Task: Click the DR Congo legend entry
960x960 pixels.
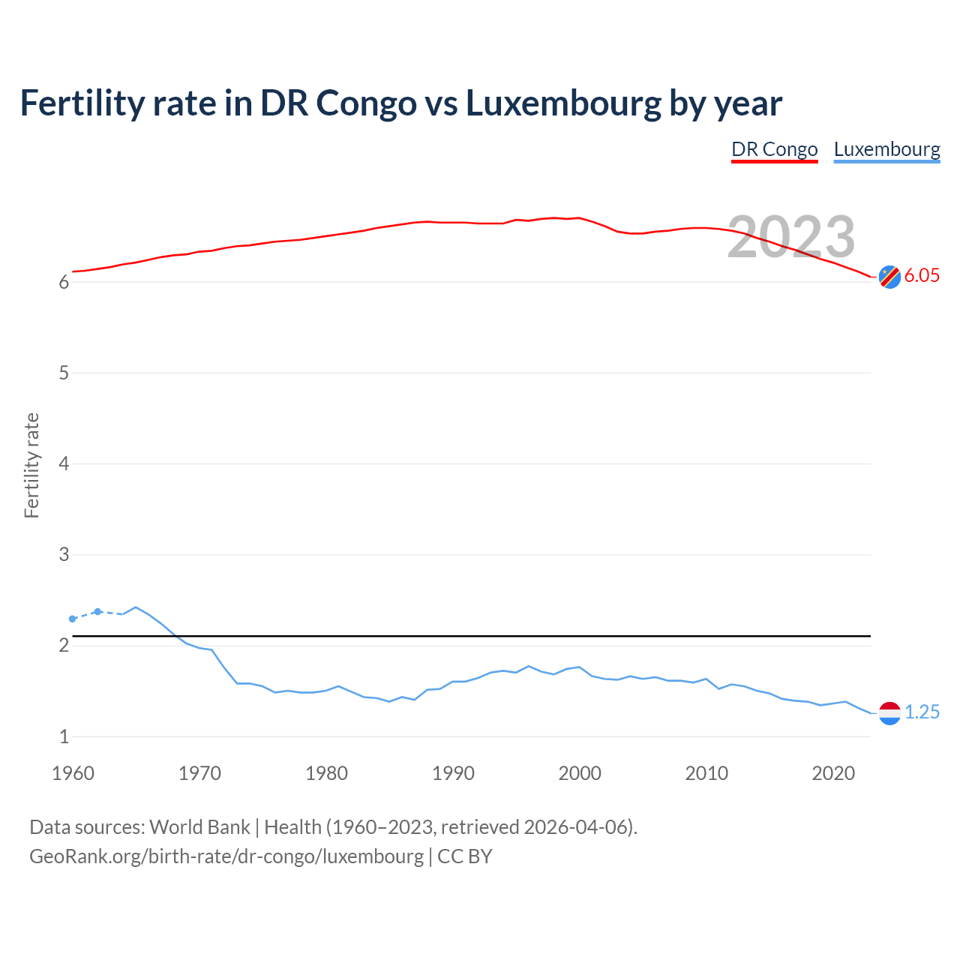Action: click(x=774, y=149)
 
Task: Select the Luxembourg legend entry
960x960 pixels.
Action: click(x=886, y=149)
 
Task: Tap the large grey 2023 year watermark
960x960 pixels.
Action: click(x=790, y=237)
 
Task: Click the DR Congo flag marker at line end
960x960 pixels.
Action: click(x=889, y=277)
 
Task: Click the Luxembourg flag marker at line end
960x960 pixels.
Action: click(x=889, y=712)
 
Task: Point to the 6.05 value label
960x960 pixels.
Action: click(x=922, y=275)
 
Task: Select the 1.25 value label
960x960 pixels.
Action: click(x=922, y=712)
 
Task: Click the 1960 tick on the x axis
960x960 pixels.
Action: click(x=73, y=773)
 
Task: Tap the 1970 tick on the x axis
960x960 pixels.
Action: click(x=199, y=773)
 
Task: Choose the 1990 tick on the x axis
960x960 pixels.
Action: click(x=453, y=773)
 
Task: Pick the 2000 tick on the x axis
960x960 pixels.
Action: click(x=580, y=773)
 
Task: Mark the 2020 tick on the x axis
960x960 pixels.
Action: click(x=833, y=773)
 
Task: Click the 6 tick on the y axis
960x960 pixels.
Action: click(x=64, y=283)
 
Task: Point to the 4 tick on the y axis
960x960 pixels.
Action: click(x=64, y=464)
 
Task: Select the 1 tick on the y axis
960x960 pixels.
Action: click(x=64, y=736)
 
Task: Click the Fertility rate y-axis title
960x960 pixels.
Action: click(x=31, y=465)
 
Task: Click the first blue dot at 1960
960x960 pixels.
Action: click(x=73, y=619)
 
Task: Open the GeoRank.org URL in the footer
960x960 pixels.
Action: click(x=226, y=856)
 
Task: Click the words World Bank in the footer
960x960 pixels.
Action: click(x=199, y=826)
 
